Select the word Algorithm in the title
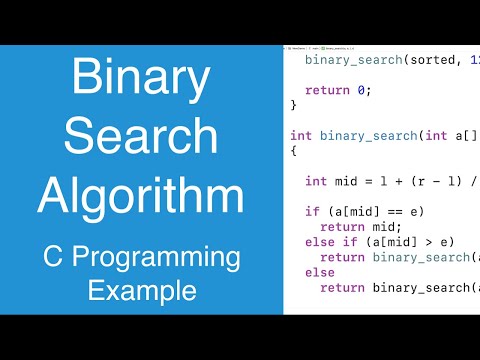tap(140, 195)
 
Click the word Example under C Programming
tap(140, 292)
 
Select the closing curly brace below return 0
tap(294, 104)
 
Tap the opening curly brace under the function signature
tap(294, 151)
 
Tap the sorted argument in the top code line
tap(421, 59)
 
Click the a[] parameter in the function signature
tap(465, 135)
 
